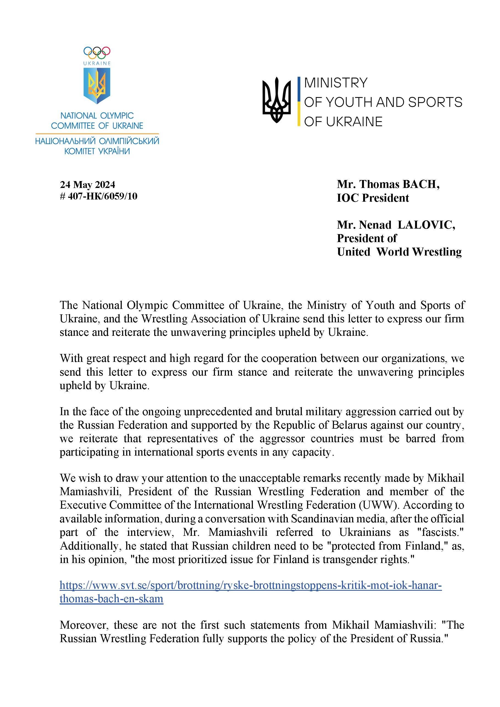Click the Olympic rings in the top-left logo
[x=97, y=52]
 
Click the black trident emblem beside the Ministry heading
[x=276, y=100]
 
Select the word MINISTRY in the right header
[x=336, y=83]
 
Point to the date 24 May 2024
[x=87, y=185]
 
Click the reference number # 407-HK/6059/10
[x=99, y=196]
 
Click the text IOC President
[x=373, y=198]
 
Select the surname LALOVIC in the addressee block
[x=426, y=225]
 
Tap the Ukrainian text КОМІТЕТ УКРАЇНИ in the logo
[x=97, y=151]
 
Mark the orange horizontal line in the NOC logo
[x=97, y=134]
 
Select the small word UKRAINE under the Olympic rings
[x=97, y=63]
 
